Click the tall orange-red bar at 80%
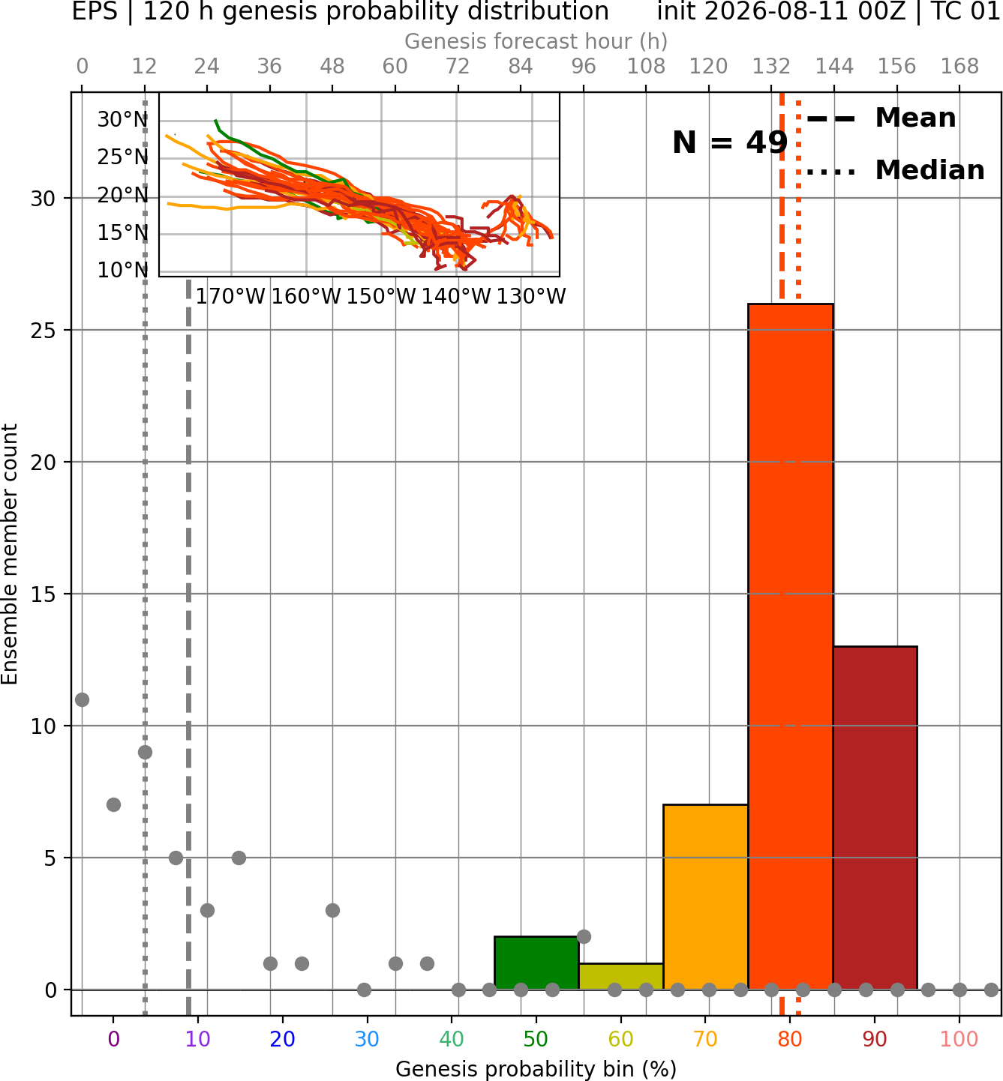(x=791, y=646)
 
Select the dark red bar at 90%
(x=875, y=818)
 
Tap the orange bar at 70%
(x=705, y=897)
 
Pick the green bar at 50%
(x=536, y=963)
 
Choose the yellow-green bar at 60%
(x=621, y=976)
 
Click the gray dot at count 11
(x=83, y=699)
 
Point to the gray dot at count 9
(x=145, y=752)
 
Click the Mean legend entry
(x=881, y=118)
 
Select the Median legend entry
(x=895, y=170)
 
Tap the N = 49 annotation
(x=730, y=142)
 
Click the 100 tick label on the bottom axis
(x=959, y=1039)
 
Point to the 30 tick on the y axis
(x=44, y=199)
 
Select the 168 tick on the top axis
(x=960, y=67)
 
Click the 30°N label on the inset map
(x=123, y=120)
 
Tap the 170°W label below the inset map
(x=230, y=297)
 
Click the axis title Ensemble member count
(x=10, y=554)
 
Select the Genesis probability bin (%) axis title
(x=536, y=1069)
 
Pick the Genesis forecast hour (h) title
(x=536, y=41)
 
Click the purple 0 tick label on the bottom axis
(x=113, y=1039)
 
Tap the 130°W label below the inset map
(x=531, y=297)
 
